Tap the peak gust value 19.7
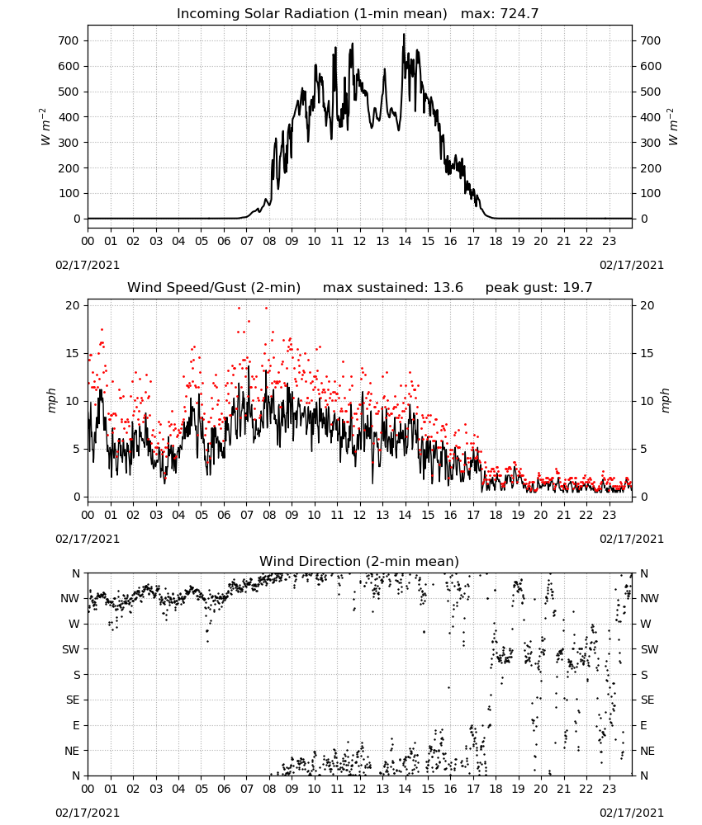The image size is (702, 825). click(578, 287)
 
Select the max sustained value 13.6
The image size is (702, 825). click(448, 287)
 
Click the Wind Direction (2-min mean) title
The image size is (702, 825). click(359, 561)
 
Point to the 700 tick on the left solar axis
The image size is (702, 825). click(69, 41)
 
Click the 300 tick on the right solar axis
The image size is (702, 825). click(651, 143)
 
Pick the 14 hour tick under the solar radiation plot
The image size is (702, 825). click(405, 241)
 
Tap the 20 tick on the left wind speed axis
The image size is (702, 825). click(73, 306)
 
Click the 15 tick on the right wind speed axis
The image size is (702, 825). click(647, 354)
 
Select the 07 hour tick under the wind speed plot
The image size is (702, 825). click(246, 515)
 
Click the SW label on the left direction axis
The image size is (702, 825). click(70, 649)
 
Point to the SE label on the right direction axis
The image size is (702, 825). click(647, 700)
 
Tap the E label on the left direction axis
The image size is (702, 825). click(76, 725)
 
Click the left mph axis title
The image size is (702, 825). click(51, 400)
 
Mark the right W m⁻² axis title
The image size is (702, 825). click(673, 127)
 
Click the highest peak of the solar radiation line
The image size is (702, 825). click(404, 34)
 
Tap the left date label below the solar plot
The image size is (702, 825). click(88, 265)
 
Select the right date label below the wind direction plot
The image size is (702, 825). click(632, 813)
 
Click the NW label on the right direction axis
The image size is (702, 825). click(649, 598)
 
